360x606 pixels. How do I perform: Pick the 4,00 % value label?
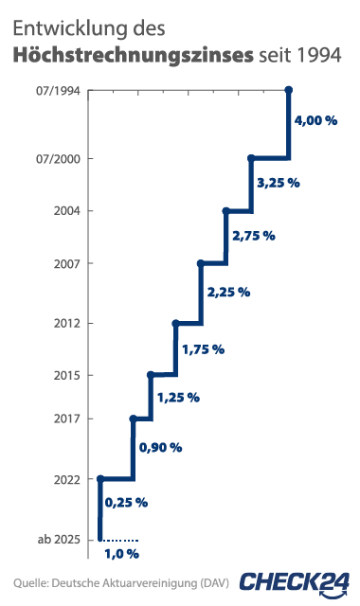(316, 121)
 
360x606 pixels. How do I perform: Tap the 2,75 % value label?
(253, 235)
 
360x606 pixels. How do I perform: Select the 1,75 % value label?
(203, 349)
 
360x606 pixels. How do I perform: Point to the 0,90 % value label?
(160, 447)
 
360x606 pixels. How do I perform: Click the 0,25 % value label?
(126, 501)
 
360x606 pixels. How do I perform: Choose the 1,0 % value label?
(121, 553)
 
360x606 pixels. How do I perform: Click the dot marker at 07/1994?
(289, 90)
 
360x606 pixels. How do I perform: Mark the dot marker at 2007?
(201, 262)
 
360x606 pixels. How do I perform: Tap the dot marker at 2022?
(100, 478)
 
